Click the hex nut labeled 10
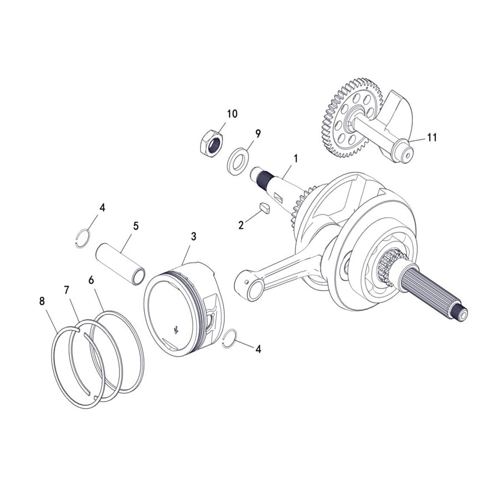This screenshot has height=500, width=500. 211,143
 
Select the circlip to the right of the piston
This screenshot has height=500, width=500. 229,339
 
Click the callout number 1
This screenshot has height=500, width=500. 296,158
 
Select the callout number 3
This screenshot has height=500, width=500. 193,236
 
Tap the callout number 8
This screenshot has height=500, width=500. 42,301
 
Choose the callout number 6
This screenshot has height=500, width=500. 91,279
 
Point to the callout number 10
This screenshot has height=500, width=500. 232,114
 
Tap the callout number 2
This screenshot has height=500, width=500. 241,225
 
